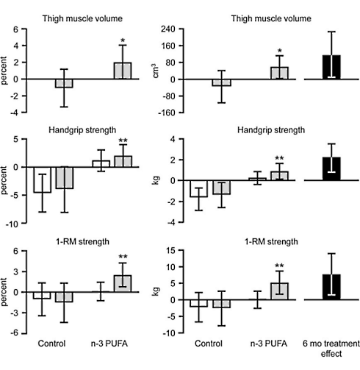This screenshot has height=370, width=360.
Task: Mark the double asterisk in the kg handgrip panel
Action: [278, 158]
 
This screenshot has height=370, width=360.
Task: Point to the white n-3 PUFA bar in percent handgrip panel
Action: [101, 163]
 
